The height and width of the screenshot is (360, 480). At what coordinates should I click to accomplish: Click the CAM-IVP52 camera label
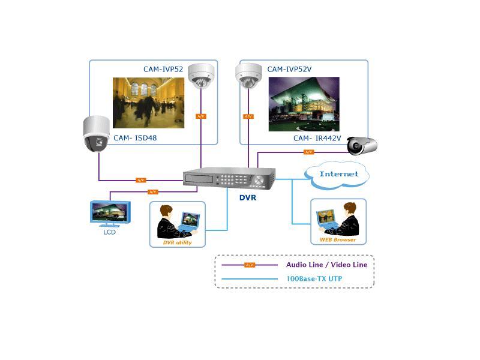(x=163, y=69)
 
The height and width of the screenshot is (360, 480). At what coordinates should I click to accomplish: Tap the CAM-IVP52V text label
(x=289, y=69)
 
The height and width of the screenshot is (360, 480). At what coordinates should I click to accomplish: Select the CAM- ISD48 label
(x=135, y=138)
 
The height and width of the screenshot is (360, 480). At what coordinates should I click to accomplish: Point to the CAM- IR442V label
(x=317, y=139)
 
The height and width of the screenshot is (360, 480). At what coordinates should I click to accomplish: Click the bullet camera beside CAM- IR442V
(x=362, y=145)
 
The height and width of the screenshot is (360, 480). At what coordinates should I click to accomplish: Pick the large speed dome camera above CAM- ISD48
(x=96, y=134)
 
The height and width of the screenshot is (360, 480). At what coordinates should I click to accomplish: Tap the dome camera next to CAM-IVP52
(x=201, y=76)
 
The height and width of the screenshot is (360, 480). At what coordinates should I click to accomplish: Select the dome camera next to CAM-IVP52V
(x=248, y=76)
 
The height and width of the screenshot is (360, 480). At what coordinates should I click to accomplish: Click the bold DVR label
(x=248, y=198)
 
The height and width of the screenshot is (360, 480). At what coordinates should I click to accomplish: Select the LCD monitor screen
(x=110, y=212)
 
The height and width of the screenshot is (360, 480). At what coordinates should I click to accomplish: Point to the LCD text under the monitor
(x=109, y=232)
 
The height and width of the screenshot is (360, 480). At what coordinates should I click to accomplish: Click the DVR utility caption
(x=177, y=242)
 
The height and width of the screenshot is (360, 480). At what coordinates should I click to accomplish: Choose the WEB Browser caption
(x=338, y=239)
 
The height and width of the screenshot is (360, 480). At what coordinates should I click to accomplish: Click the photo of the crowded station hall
(x=148, y=103)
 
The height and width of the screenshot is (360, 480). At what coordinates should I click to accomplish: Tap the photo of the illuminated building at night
(x=304, y=104)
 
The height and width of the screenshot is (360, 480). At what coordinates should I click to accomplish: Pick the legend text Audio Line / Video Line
(x=326, y=265)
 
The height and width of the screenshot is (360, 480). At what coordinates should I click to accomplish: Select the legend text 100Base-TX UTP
(x=314, y=278)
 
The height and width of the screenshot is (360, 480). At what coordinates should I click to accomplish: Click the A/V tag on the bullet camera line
(x=308, y=152)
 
